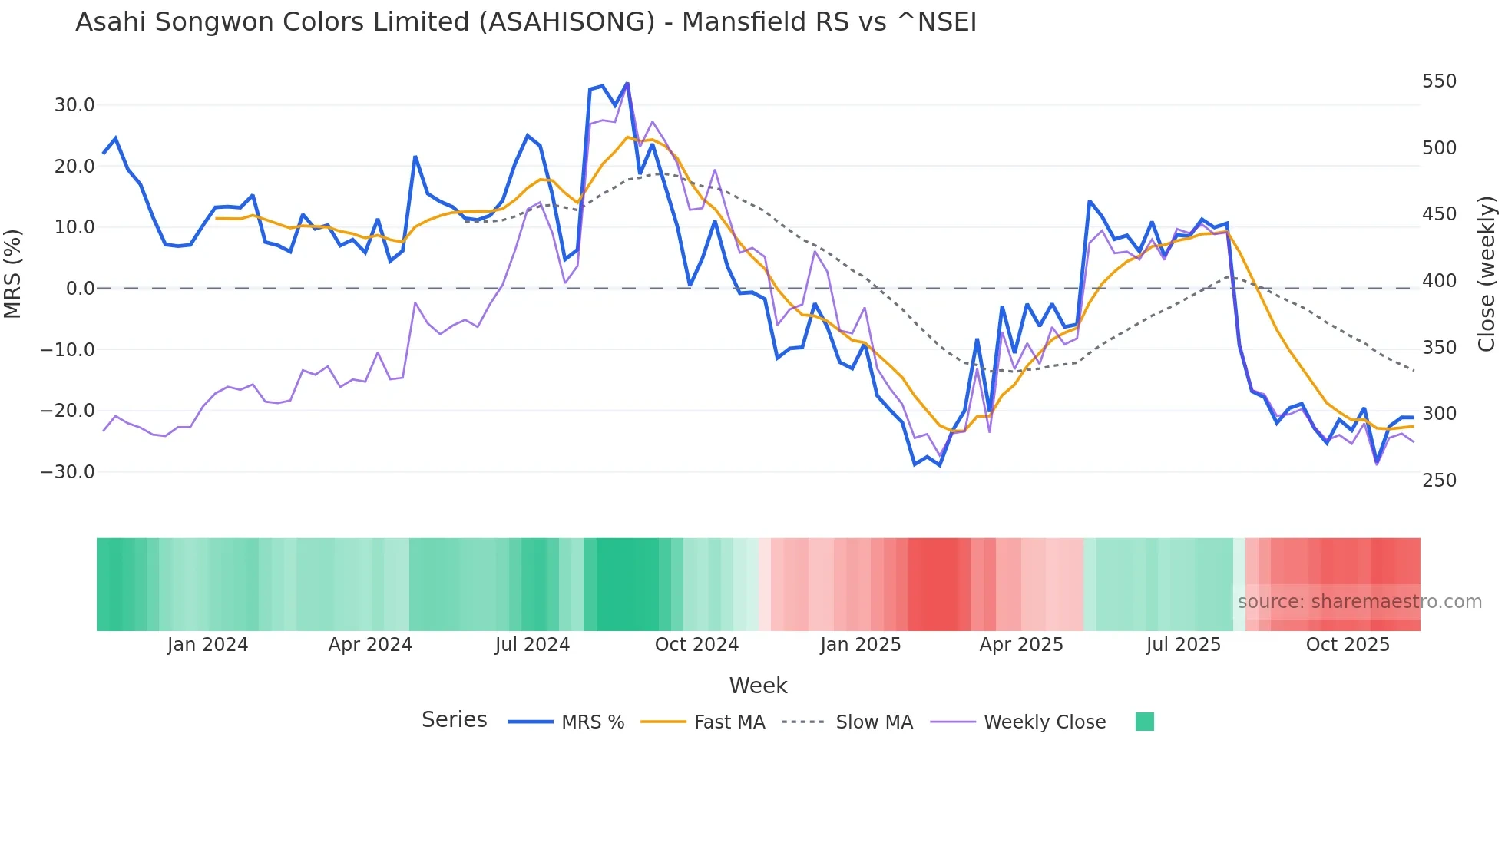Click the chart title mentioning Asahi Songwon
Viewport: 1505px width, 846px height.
pyautogui.click(x=526, y=22)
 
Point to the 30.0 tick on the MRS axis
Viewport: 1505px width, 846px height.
pyautogui.click(x=74, y=105)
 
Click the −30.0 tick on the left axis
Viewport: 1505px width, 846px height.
pyautogui.click(x=68, y=472)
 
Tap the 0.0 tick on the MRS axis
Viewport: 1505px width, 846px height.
pyautogui.click(x=80, y=289)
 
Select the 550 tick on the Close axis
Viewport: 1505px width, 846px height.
pyautogui.click(x=1439, y=81)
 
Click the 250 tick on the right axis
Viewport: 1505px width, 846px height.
pyautogui.click(x=1439, y=481)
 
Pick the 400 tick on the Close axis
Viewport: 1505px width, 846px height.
pyautogui.click(x=1439, y=281)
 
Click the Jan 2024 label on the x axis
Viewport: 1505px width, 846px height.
pyautogui.click(x=207, y=645)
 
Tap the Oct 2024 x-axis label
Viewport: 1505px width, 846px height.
pyautogui.click(x=696, y=645)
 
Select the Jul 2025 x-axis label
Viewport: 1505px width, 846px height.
pyautogui.click(x=1183, y=645)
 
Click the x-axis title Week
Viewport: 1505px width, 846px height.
pyautogui.click(x=758, y=686)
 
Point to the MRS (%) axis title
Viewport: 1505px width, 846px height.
pyautogui.click(x=12, y=274)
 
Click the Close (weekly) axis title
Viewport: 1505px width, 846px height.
pyautogui.click(x=1487, y=274)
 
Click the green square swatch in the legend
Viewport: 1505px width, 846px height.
pyautogui.click(x=1144, y=722)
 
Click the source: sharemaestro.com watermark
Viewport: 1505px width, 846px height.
pyautogui.click(x=1359, y=602)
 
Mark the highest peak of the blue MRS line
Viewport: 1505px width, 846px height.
pyautogui.click(x=627, y=83)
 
